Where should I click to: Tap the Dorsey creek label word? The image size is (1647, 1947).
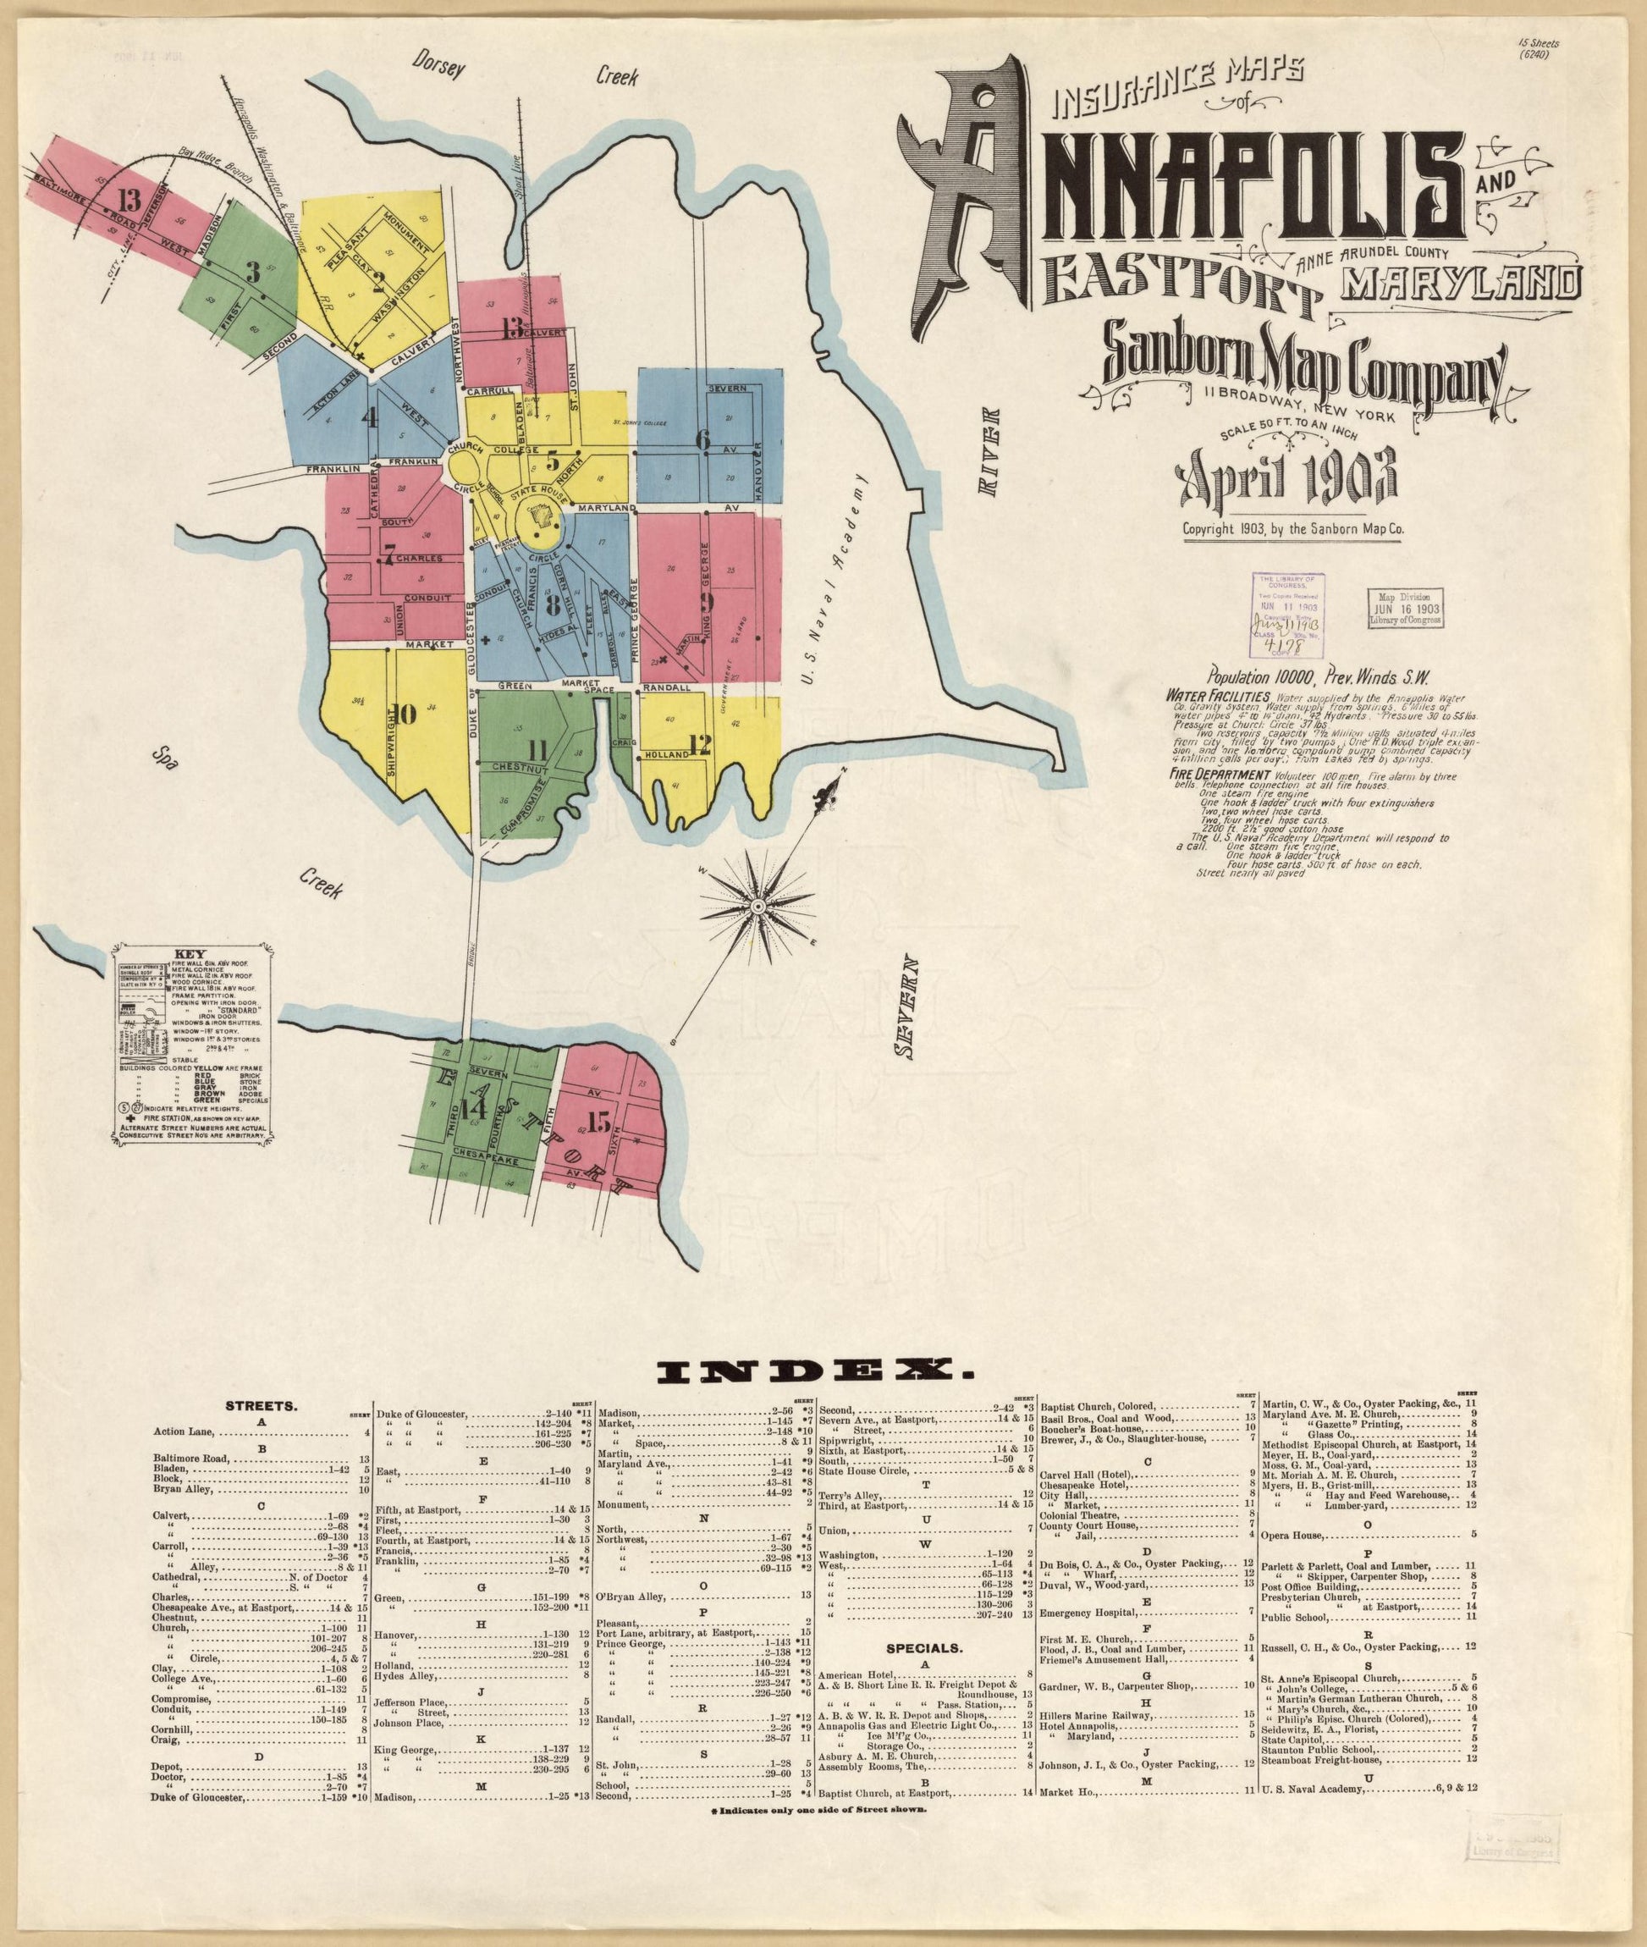pos(442,66)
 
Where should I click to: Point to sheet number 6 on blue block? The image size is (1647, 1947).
pos(703,437)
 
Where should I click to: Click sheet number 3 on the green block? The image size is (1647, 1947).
pos(251,273)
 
